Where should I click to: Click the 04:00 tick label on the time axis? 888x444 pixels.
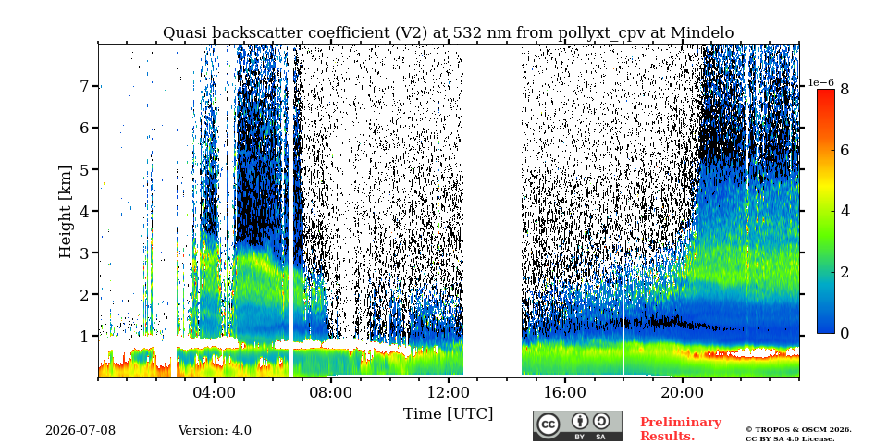click(x=216, y=392)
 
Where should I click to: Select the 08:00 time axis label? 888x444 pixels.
click(x=332, y=392)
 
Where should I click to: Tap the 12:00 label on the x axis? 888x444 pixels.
click(x=449, y=392)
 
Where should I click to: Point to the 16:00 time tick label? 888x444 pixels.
click(x=565, y=392)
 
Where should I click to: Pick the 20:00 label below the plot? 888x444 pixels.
click(x=682, y=392)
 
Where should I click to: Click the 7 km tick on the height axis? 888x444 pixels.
click(x=86, y=87)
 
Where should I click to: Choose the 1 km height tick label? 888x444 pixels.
click(x=86, y=337)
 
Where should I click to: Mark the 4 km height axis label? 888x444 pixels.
click(x=86, y=211)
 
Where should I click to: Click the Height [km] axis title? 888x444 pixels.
click(x=67, y=212)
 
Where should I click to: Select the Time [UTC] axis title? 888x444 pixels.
click(x=448, y=414)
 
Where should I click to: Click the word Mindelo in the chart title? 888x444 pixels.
click(x=702, y=33)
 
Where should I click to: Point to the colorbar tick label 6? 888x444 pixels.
click(x=845, y=150)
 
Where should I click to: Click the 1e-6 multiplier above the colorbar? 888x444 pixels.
click(x=821, y=82)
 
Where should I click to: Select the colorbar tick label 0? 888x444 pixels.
click(x=845, y=334)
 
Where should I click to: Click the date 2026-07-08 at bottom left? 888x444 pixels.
click(x=80, y=431)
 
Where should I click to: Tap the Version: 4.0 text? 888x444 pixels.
click(x=215, y=431)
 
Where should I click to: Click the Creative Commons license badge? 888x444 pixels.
click(x=577, y=425)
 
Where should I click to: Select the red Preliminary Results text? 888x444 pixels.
click(x=681, y=429)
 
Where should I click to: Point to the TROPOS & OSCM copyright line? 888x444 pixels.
click(x=798, y=430)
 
